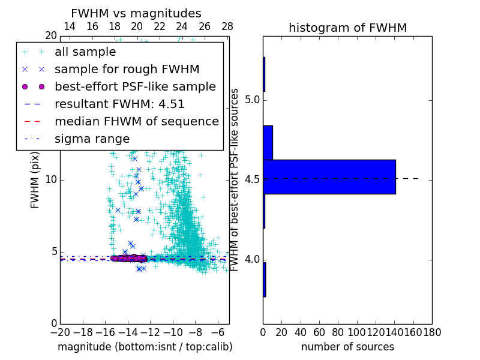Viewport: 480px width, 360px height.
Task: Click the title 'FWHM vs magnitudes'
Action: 136,13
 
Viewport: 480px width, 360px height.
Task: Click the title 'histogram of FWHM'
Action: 347,28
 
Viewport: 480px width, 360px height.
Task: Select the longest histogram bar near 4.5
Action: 329,177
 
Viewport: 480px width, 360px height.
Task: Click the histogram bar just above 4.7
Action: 268,143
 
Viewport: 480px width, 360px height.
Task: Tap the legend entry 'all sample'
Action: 85,52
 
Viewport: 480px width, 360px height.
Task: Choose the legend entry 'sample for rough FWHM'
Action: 127,69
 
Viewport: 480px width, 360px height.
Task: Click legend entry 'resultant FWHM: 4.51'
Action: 119,104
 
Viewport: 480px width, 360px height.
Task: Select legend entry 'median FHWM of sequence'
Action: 136,121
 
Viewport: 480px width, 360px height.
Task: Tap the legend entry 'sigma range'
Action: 92,139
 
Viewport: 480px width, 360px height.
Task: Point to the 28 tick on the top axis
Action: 227,26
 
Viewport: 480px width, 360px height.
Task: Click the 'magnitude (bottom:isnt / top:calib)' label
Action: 145,347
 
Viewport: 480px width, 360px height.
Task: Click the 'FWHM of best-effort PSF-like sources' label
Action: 235,180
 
